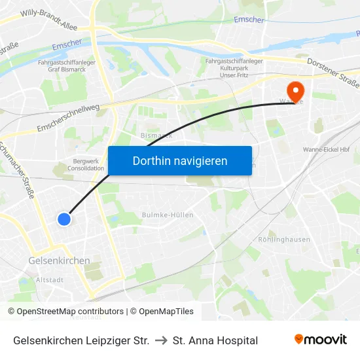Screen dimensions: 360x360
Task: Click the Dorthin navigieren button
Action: click(180, 160)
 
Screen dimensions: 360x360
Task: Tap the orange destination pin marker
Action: click(295, 90)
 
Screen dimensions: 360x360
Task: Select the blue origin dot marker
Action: click(64, 219)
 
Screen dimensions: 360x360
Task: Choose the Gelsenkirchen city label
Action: click(59, 261)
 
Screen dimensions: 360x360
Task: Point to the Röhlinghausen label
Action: click(284, 240)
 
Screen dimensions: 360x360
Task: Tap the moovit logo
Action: click(320, 340)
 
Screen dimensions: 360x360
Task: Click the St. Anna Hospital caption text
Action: click(215, 340)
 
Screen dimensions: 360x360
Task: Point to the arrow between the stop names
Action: click(161, 340)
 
